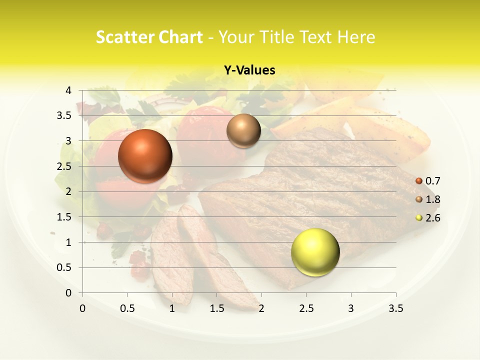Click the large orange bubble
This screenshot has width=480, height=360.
pos(145,156)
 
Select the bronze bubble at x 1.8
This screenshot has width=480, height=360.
pos(243,130)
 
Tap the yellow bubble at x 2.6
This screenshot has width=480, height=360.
pos(315,252)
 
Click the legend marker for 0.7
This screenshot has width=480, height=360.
pos(419,181)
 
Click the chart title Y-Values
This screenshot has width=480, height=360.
pos(249,70)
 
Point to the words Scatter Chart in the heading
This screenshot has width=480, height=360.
pos(149,37)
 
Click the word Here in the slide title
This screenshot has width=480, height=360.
pos(356,37)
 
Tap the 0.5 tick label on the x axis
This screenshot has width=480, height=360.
pos(127,309)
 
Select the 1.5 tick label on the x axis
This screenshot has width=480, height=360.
pos(216,309)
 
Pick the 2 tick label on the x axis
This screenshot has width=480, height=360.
pos(261,309)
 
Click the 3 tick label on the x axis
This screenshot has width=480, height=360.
pos(351,309)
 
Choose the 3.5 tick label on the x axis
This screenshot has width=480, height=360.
pos(395,309)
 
